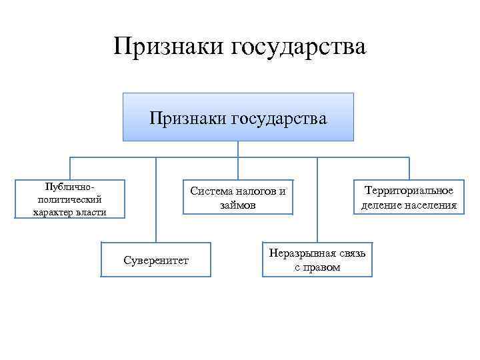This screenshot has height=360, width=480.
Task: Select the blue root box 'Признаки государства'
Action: coord(238,118)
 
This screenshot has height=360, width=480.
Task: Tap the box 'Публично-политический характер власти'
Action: coord(69,199)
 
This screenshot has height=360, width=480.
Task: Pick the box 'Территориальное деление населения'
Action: coord(409,198)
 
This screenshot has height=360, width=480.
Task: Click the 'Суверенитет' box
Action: coord(156,259)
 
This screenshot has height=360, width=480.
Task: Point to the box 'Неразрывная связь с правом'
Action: coord(317,259)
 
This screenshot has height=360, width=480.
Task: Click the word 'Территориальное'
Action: coord(409,191)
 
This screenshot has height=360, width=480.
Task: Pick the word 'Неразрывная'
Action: coord(299,253)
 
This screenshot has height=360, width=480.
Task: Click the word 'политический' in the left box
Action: coord(69,199)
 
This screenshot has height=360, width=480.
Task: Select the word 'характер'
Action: coord(55,212)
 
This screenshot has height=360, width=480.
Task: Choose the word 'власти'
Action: coord(91,212)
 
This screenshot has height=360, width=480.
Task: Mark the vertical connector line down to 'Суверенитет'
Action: coord(156,200)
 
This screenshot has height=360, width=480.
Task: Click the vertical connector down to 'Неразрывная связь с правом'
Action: coord(317,200)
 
